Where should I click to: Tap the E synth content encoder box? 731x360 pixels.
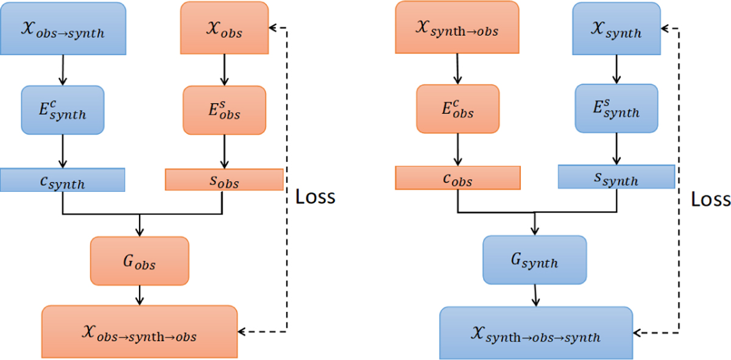click(x=63, y=109)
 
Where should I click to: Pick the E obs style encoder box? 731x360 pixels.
click(x=224, y=110)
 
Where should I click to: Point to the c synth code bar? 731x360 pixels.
click(x=63, y=180)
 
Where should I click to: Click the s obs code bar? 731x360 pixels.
click(x=224, y=180)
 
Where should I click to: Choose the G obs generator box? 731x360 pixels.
click(x=139, y=261)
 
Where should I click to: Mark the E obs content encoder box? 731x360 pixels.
click(x=457, y=108)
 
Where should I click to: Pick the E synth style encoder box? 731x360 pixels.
click(x=616, y=108)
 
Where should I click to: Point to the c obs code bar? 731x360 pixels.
click(x=457, y=178)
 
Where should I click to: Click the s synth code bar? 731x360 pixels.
click(x=616, y=177)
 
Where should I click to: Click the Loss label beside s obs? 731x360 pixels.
click(x=315, y=197)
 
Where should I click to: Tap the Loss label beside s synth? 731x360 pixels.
click(x=711, y=199)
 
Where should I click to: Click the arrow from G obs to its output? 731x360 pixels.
click(x=140, y=295)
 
